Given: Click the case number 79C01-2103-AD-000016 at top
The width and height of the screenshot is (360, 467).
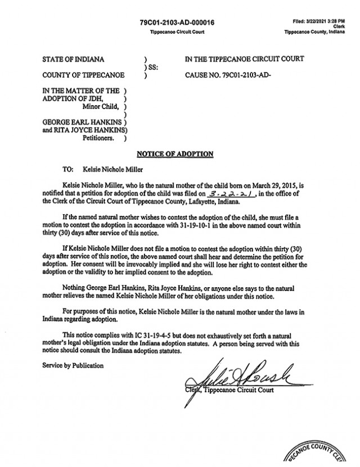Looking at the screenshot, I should tap(177, 22).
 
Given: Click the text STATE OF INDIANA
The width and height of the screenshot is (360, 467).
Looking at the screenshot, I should tap(73, 59).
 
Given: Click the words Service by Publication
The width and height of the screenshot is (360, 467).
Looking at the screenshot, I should tap(73, 365).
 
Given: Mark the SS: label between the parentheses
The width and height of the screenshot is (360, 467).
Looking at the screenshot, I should tap(152, 67).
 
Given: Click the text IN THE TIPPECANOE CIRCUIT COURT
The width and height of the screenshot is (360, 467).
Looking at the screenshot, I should tap(244, 59).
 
